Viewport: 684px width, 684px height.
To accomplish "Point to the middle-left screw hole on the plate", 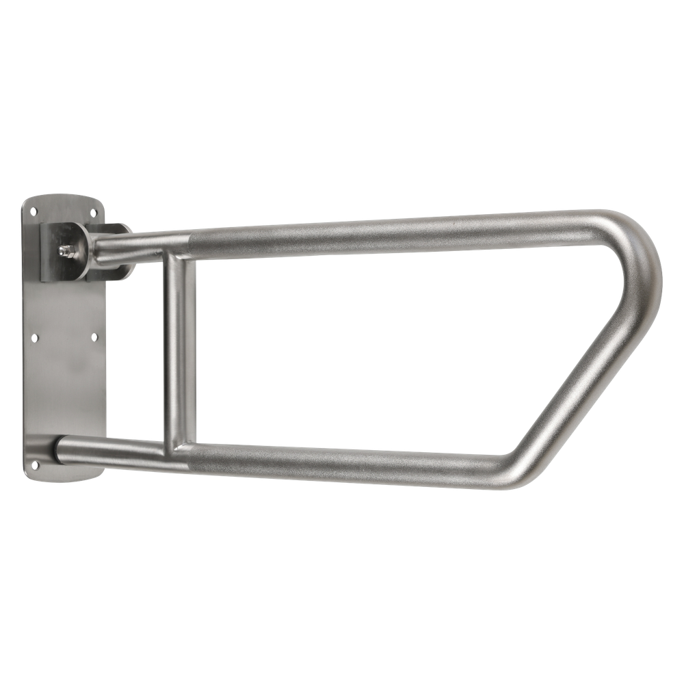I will pos(35,337).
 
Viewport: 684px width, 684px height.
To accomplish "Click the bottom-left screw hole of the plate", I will pos(36,464).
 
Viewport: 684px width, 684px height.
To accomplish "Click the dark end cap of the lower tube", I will pos(57,448).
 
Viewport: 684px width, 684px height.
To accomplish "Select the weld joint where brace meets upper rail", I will pos(179,253).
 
